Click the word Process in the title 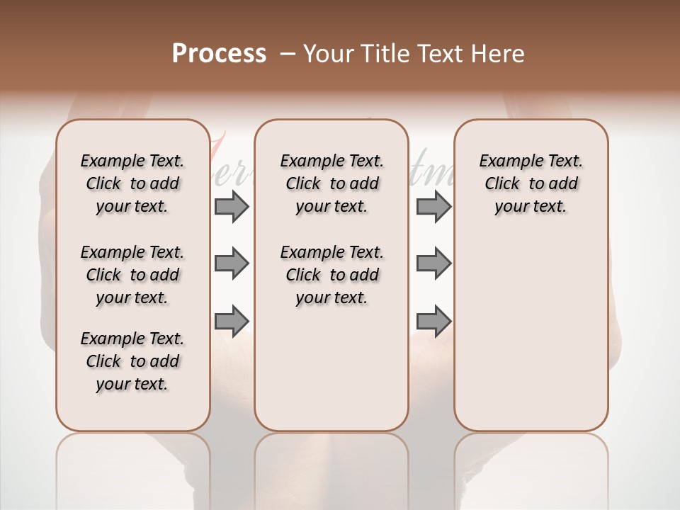click(219, 53)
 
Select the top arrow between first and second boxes click(232, 206)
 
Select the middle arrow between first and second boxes click(232, 263)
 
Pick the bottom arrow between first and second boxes click(232, 320)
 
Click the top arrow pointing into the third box click(433, 206)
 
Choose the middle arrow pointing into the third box click(433, 263)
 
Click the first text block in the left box click(132, 183)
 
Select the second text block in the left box click(132, 275)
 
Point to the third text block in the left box click(132, 361)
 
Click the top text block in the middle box click(331, 183)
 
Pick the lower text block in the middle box click(331, 275)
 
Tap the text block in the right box click(531, 183)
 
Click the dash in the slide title click(287, 53)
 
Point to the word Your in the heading click(329, 53)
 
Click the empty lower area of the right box click(531, 333)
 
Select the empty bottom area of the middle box click(331, 375)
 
